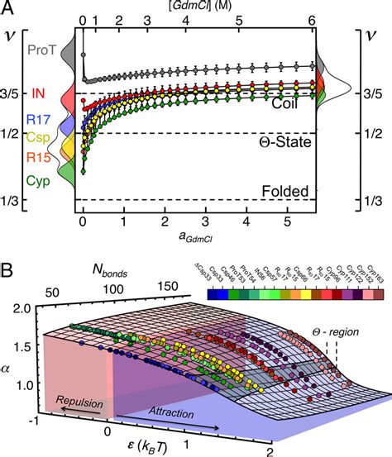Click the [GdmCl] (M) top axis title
(x=198, y=7)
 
